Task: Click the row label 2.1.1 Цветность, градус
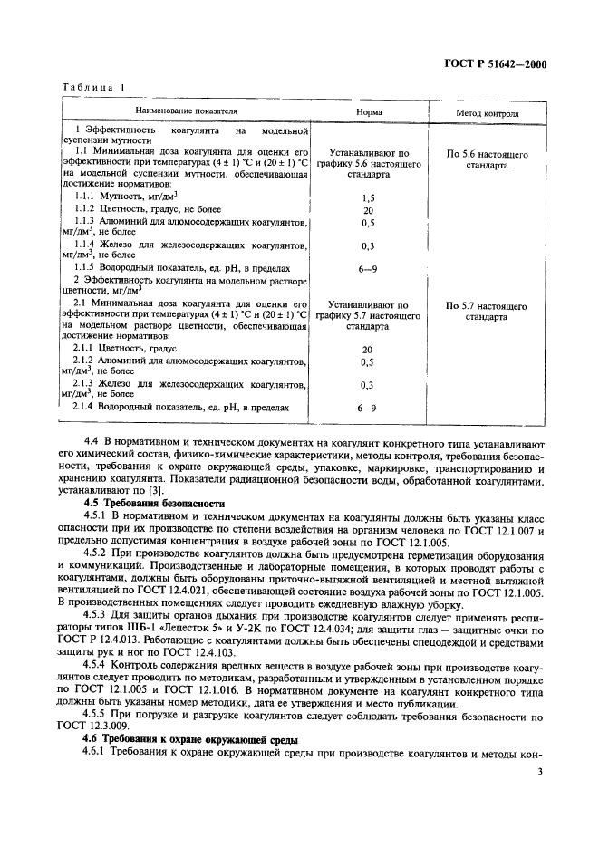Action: pyautogui.click(x=125, y=348)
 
